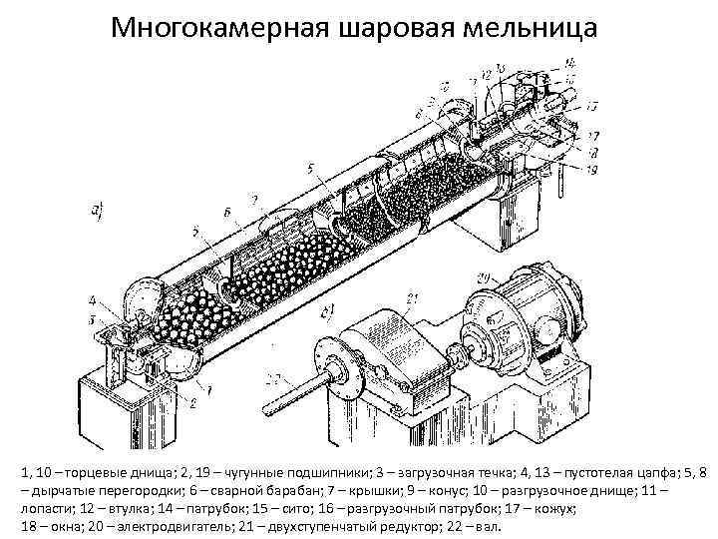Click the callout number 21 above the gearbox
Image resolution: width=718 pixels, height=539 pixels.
[x=414, y=297]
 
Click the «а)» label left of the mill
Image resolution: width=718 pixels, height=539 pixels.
[x=98, y=210]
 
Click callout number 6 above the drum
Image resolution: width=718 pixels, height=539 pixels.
[x=227, y=214]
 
